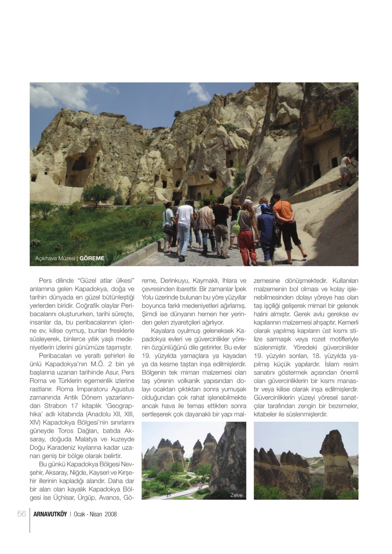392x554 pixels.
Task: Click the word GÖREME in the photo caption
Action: [92, 258]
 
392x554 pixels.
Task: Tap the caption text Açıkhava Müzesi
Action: [55, 258]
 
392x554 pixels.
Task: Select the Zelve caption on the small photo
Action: [236, 495]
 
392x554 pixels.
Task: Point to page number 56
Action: [22, 514]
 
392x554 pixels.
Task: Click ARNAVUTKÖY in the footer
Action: [50, 514]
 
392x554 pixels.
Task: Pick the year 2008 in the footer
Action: [111, 514]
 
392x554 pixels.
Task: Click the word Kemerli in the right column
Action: [348, 322]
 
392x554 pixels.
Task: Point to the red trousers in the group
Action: [247, 245]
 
